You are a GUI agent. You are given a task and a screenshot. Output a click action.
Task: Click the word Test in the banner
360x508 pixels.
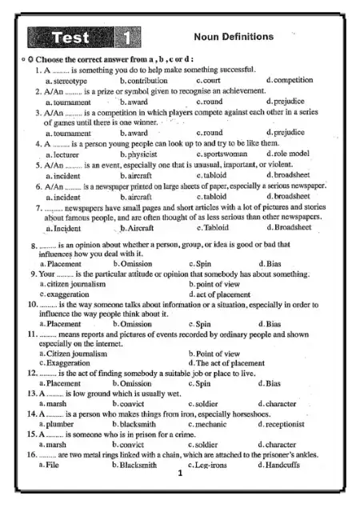click(x=71, y=37)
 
